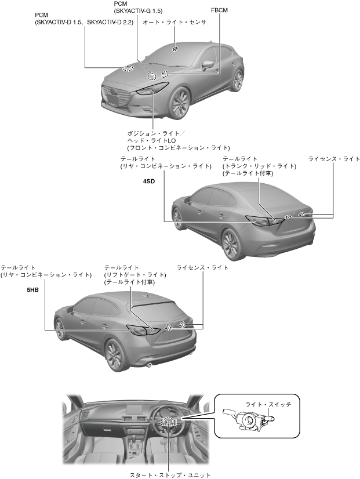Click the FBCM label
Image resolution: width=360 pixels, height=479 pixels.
220,10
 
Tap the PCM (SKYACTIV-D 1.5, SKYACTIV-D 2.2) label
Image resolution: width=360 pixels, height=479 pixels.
84,18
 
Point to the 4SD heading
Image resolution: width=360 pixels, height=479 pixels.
150,182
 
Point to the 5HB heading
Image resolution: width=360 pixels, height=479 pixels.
32,288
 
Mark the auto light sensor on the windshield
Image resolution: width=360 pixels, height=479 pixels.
174,49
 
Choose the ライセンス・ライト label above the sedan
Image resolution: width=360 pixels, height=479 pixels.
334,158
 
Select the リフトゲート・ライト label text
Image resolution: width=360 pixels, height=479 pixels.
135,275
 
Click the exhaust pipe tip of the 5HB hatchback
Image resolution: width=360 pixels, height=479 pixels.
150,365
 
